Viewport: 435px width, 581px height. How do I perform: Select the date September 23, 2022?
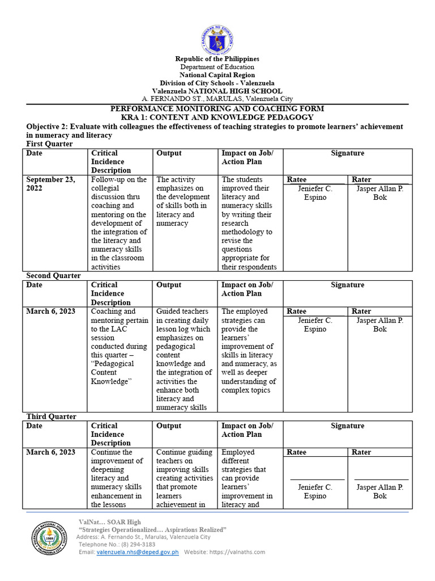click(50, 184)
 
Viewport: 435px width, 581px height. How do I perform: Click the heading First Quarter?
click(50, 144)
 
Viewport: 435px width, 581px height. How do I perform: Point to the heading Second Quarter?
click(53, 276)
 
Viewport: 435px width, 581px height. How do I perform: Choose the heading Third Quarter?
click(51, 416)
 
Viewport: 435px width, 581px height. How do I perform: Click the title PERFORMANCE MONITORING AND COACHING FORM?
click(217, 108)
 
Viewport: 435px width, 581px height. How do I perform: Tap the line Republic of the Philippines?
click(217, 59)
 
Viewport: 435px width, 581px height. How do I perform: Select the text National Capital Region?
click(217, 75)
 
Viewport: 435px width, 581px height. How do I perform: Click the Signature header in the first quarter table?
click(347, 153)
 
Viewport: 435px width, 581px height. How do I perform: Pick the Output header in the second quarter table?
click(169, 285)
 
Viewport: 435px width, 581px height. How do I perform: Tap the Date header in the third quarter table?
click(35, 426)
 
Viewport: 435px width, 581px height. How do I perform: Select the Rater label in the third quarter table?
click(361, 452)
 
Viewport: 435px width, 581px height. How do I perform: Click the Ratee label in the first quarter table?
click(297, 180)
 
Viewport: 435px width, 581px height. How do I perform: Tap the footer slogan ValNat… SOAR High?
click(109, 522)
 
